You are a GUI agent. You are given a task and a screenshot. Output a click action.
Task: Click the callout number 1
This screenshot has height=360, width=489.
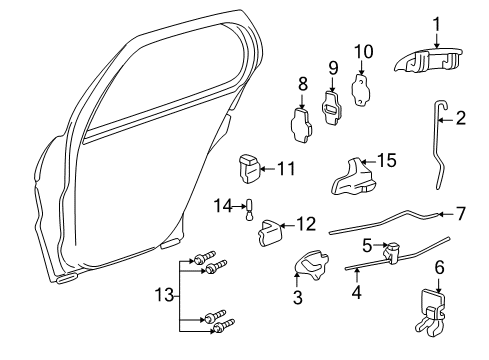tap(435, 22)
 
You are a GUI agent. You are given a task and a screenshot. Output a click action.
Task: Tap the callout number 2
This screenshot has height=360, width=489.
tap(462, 120)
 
